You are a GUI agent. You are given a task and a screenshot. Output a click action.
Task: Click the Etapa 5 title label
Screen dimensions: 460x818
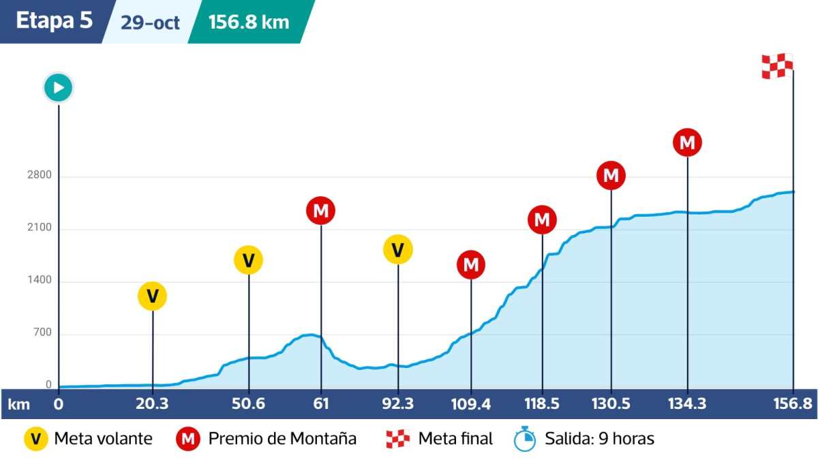pos(54,20)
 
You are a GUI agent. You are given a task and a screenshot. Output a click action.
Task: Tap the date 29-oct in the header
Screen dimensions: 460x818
pos(150,22)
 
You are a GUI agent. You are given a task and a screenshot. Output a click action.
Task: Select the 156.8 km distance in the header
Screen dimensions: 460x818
pos(249,22)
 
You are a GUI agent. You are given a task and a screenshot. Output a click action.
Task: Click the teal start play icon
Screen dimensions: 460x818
pos(59,87)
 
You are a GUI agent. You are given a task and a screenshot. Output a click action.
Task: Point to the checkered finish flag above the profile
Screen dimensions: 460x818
pos(777,66)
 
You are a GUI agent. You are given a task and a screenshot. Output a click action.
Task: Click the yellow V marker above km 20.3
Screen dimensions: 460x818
pos(153,296)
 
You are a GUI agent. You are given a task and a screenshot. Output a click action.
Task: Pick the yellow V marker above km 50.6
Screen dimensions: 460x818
pos(249,260)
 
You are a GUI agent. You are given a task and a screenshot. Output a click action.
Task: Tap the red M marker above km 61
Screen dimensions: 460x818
pos(321,211)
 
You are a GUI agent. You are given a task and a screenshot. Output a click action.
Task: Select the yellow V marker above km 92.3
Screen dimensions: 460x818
pos(398,249)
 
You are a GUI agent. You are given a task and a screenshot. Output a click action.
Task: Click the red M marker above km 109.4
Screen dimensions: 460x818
pos(471,264)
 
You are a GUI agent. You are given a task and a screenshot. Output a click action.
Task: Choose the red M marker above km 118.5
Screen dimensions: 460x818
pos(542,219)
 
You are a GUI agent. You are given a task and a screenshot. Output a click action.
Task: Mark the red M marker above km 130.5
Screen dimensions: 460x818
pos(611,175)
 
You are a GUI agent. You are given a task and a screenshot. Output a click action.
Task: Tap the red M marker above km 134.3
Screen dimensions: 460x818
pos(687,142)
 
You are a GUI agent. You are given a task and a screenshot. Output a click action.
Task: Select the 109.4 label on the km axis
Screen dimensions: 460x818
pos(471,403)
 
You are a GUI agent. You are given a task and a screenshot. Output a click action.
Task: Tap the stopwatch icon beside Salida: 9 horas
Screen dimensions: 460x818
pos(525,438)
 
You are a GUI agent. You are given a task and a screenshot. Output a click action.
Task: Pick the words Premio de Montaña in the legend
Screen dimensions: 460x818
pos(282,438)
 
